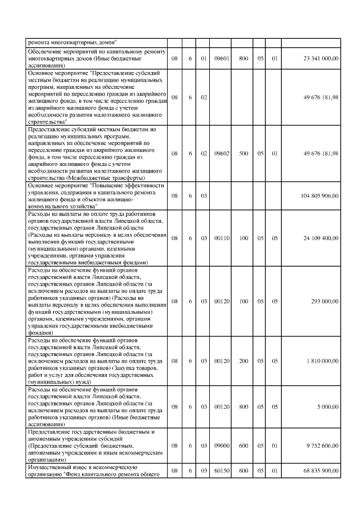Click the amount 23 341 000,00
pyautogui.click(x=321, y=58)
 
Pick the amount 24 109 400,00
pyautogui.click(x=321, y=238)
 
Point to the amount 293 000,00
pyautogui.click(x=326, y=301)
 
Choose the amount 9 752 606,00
pyautogui.click(x=323, y=445)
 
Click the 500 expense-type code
pyautogui.click(x=244, y=153)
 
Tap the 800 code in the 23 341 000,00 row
pyautogui.click(x=244, y=58)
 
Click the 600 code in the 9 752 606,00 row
pyautogui.click(x=244, y=445)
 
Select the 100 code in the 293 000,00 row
pyautogui.click(x=244, y=301)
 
